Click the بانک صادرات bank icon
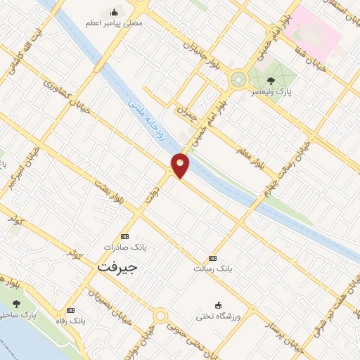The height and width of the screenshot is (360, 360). (125, 236)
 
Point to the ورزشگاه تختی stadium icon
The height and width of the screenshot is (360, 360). (218, 305)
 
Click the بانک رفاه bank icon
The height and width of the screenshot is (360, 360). (70, 309)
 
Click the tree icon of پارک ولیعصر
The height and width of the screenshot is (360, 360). (290, 81)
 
